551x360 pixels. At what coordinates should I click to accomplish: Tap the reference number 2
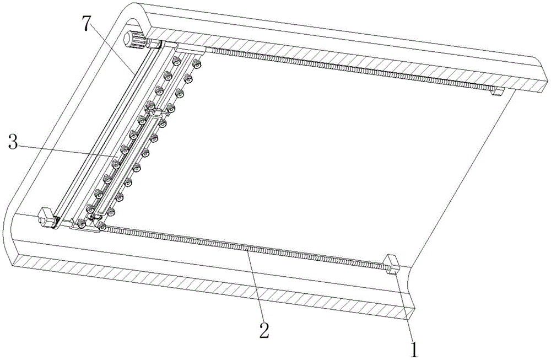pyautogui.click(x=264, y=330)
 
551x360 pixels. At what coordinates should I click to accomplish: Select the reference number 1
pyautogui.click(x=414, y=349)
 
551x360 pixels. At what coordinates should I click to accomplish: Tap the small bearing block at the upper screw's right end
pyautogui.click(x=498, y=92)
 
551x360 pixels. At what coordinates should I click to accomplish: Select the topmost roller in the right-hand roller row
pyautogui.click(x=197, y=64)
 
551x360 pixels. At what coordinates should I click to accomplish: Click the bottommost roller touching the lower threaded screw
pyautogui.click(x=102, y=226)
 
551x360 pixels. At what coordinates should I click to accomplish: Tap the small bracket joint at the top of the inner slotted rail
pyautogui.click(x=156, y=114)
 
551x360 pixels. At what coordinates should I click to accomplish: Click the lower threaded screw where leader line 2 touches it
pyautogui.click(x=247, y=249)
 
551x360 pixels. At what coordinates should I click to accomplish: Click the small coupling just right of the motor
pyautogui.click(x=154, y=44)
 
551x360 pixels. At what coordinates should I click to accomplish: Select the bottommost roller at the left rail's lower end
pyautogui.click(x=81, y=224)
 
